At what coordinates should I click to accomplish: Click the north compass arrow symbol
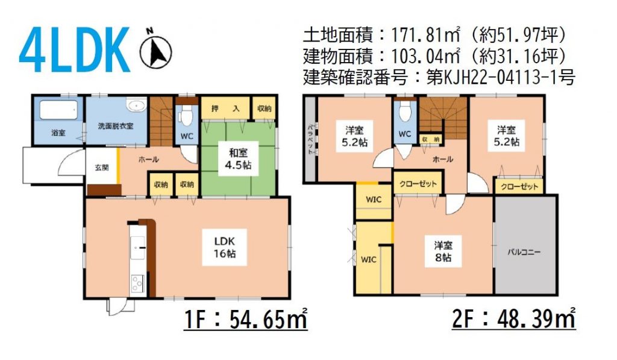[156, 51]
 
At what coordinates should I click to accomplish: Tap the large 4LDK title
[74, 49]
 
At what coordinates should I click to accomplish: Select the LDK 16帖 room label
[225, 247]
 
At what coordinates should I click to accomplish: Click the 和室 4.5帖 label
[239, 159]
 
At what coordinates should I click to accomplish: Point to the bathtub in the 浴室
[58, 110]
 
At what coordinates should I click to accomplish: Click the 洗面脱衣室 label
[116, 126]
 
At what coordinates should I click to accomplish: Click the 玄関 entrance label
[102, 168]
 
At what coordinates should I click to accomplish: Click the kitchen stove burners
[138, 283]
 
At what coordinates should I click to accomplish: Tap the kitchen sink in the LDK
[138, 248]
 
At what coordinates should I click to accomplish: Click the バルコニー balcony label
[524, 252]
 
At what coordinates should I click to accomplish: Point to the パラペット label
[310, 139]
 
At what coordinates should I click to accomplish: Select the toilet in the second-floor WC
[405, 111]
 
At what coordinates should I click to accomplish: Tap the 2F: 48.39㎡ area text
[513, 318]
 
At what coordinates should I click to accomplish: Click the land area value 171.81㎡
[425, 36]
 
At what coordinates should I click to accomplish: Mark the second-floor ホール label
[443, 159]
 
